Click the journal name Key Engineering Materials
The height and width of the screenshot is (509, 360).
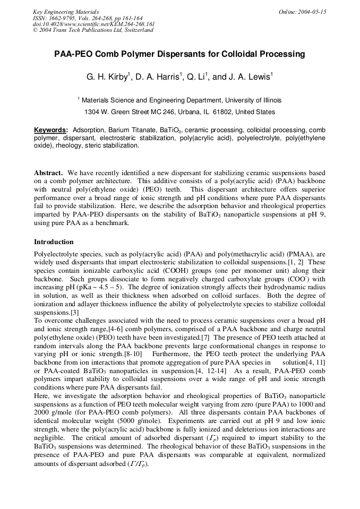coord(66,12)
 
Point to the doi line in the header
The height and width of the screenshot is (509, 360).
coord(93,24)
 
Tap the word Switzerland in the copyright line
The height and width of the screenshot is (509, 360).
coord(138,30)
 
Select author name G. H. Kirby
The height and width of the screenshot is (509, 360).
coord(107,77)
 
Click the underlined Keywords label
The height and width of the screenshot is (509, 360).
coord(50,130)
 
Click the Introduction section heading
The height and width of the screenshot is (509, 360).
coord(54,242)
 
